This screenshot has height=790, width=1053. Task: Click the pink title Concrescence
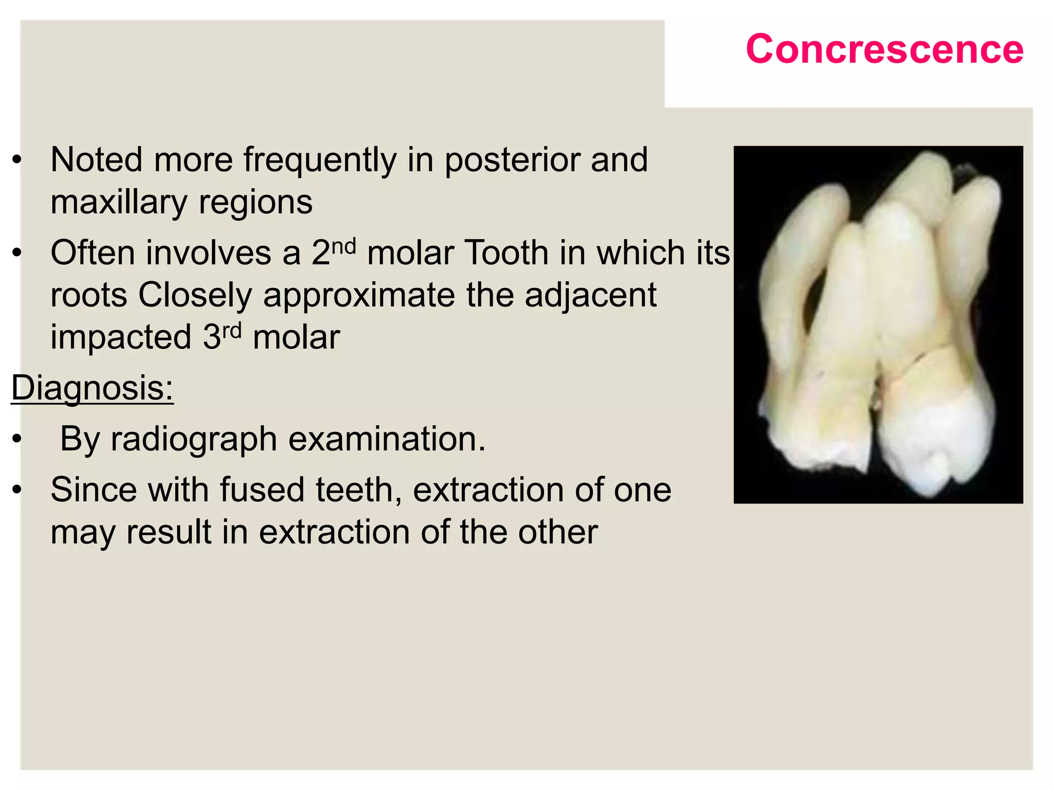click(884, 49)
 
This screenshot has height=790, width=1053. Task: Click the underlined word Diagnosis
click(93, 388)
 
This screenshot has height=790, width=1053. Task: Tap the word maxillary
click(119, 203)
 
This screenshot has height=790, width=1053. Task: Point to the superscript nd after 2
click(343, 246)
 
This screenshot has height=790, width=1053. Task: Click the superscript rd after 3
click(232, 331)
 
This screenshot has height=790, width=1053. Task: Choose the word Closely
click(195, 295)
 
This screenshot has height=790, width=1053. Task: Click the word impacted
click(121, 338)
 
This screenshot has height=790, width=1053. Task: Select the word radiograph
click(194, 440)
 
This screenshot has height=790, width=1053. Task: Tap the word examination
click(387, 439)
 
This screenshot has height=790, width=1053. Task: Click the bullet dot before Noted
click(17, 160)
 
